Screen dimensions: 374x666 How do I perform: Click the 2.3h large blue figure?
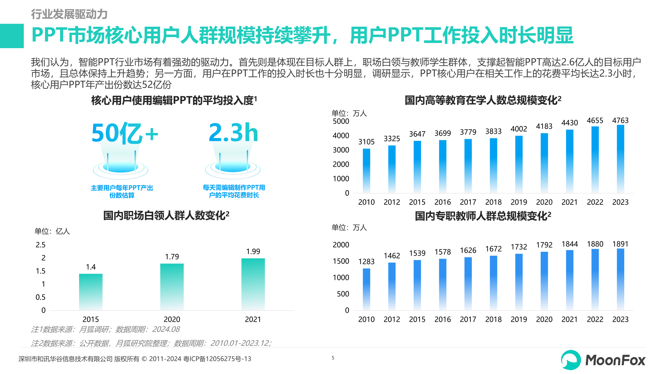tap(233, 133)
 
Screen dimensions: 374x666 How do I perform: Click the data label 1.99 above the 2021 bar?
tap(253, 252)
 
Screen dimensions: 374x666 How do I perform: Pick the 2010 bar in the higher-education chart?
tap(366, 170)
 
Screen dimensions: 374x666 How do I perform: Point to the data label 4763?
tap(620, 121)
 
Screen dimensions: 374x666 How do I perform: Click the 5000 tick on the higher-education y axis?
tap(341, 122)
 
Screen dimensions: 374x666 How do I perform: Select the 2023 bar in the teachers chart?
tap(620, 279)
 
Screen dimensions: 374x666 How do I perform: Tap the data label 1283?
tap(366, 262)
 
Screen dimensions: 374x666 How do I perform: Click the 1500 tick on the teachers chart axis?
tap(341, 261)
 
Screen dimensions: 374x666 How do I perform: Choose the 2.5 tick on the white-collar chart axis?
tap(41, 245)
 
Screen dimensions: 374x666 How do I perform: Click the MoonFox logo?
tap(603, 360)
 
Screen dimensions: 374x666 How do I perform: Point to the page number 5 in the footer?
tap(333, 358)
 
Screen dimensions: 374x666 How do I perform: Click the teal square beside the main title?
tap(12, 36)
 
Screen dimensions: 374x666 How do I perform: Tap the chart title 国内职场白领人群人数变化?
tap(166, 216)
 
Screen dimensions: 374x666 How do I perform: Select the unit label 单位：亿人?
tap(52, 231)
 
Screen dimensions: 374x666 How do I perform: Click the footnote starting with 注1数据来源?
tap(105, 329)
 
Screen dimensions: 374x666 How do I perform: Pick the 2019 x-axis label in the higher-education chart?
tap(519, 202)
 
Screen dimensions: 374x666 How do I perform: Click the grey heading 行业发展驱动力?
tap(69, 14)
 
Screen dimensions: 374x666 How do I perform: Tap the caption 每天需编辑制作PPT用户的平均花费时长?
tap(234, 191)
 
